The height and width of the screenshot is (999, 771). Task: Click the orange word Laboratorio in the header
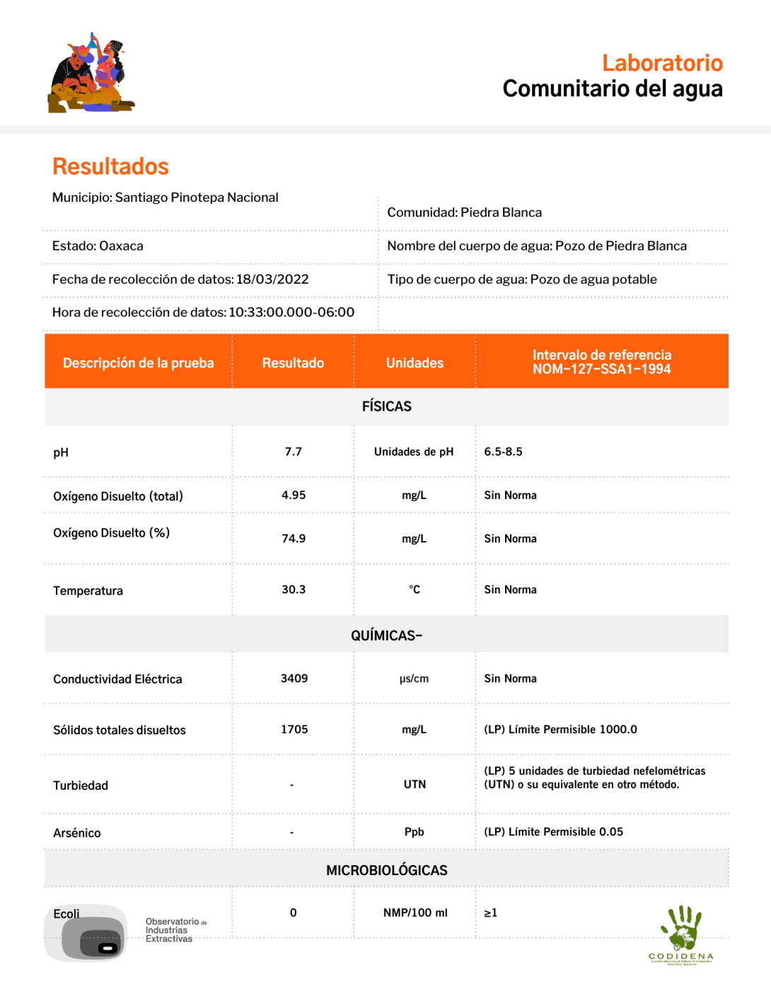(662, 63)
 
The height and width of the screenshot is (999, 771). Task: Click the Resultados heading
(110, 166)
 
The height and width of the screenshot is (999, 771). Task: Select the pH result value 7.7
(293, 452)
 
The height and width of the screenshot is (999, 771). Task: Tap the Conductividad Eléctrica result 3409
(294, 678)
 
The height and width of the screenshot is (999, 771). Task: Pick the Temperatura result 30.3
(294, 589)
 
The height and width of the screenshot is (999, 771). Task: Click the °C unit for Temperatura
(415, 589)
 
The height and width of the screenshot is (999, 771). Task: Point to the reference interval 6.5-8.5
(503, 452)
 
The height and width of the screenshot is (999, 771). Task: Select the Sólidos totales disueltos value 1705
(294, 729)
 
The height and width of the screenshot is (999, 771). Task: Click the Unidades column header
(415, 363)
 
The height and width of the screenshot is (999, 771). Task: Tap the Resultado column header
(293, 363)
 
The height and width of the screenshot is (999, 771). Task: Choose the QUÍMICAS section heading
(386, 635)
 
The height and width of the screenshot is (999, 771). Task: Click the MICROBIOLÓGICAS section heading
(386, 870)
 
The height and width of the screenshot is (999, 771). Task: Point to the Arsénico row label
(77, 833)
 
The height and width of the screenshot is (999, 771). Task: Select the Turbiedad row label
(81, 785)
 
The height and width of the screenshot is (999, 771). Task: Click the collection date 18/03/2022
(272, 279)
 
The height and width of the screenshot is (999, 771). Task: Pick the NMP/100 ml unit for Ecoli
(415, 913)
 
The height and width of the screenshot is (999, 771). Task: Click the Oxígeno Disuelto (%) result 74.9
(294, 538)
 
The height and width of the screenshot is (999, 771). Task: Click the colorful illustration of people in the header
(91, 74)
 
